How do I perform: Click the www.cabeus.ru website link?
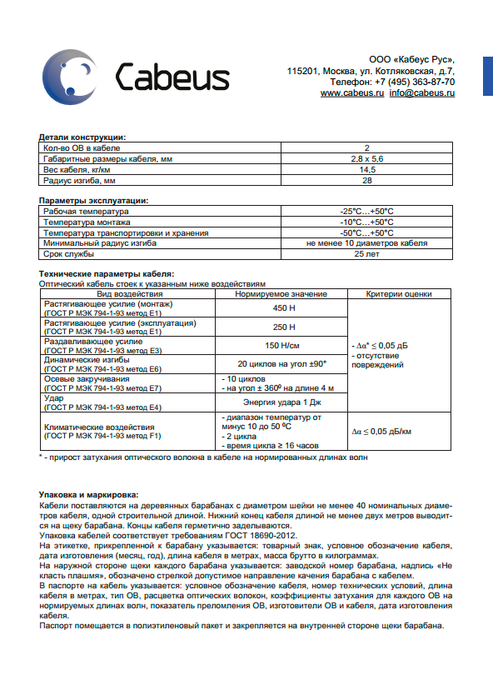(351, 93)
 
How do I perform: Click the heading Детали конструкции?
(82, 137)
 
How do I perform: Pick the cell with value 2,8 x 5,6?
(366, 158)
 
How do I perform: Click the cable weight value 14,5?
(366, 169)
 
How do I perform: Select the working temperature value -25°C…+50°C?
(366, 212)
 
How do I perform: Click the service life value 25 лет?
(366, 254)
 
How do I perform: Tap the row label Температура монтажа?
(87, 222)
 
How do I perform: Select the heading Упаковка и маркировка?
(89, 495)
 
